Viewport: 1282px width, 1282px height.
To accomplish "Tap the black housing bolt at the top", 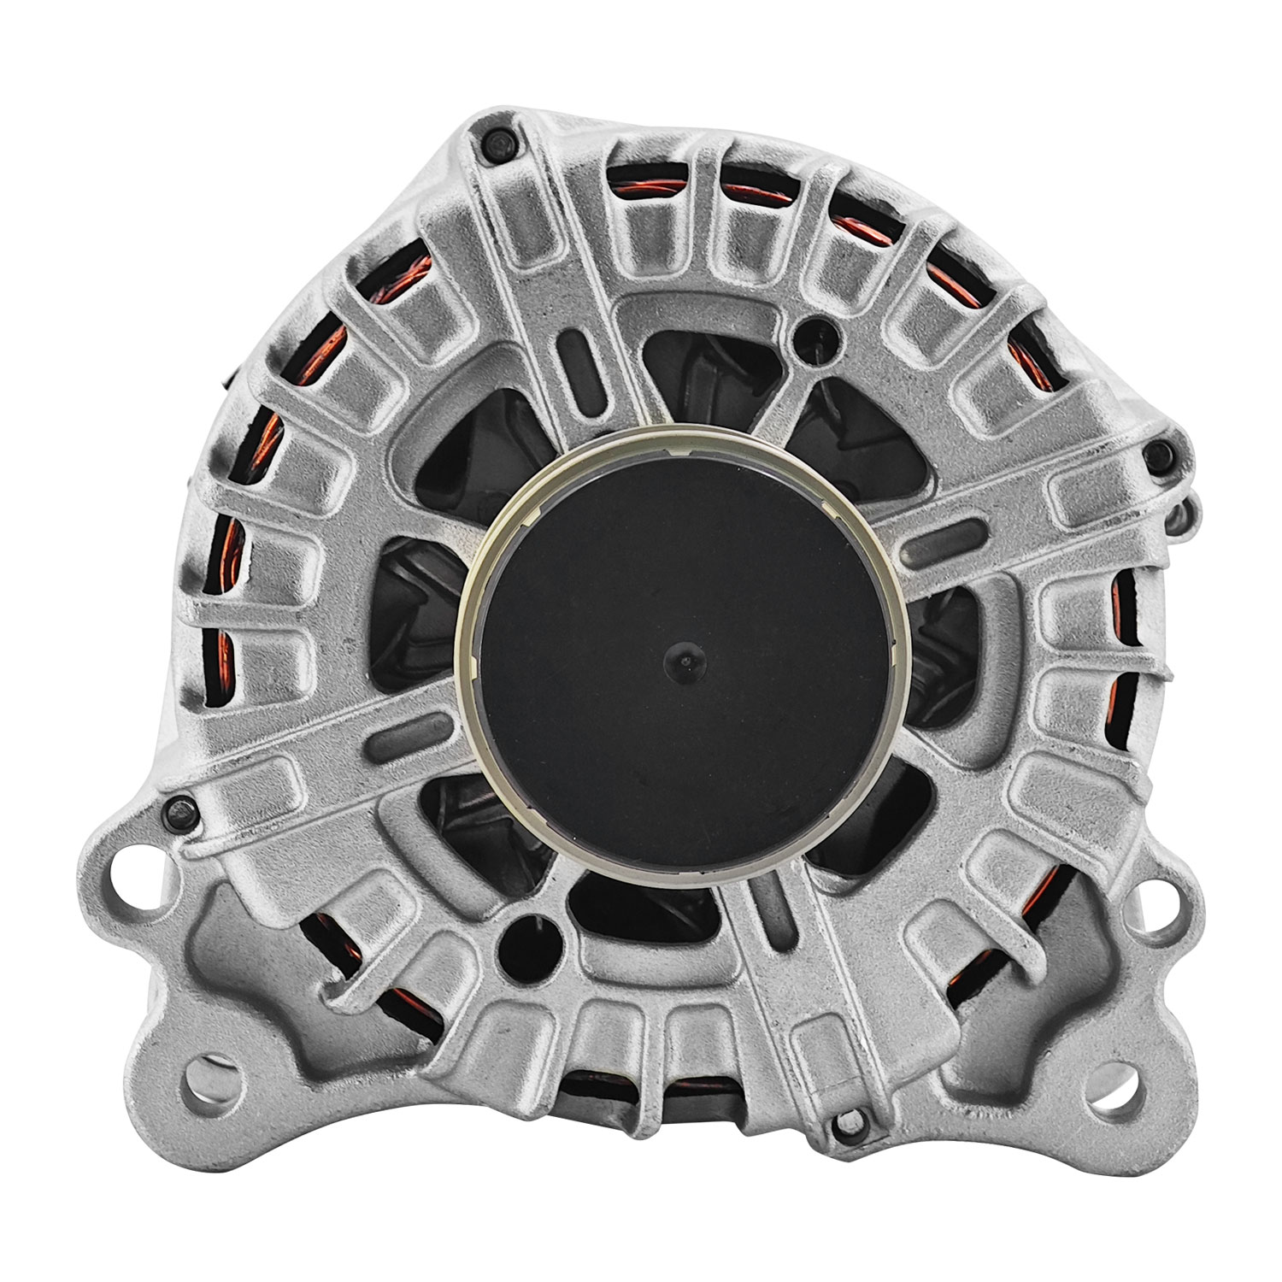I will tap(497, 144).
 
